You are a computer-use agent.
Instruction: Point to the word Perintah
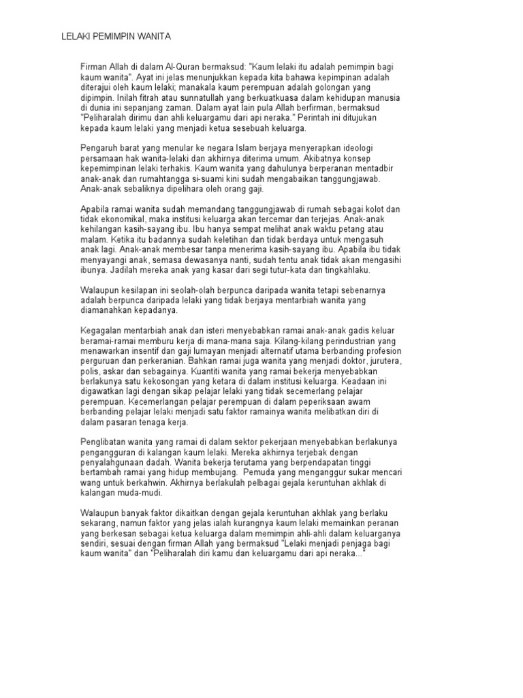tap(317, 118)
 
